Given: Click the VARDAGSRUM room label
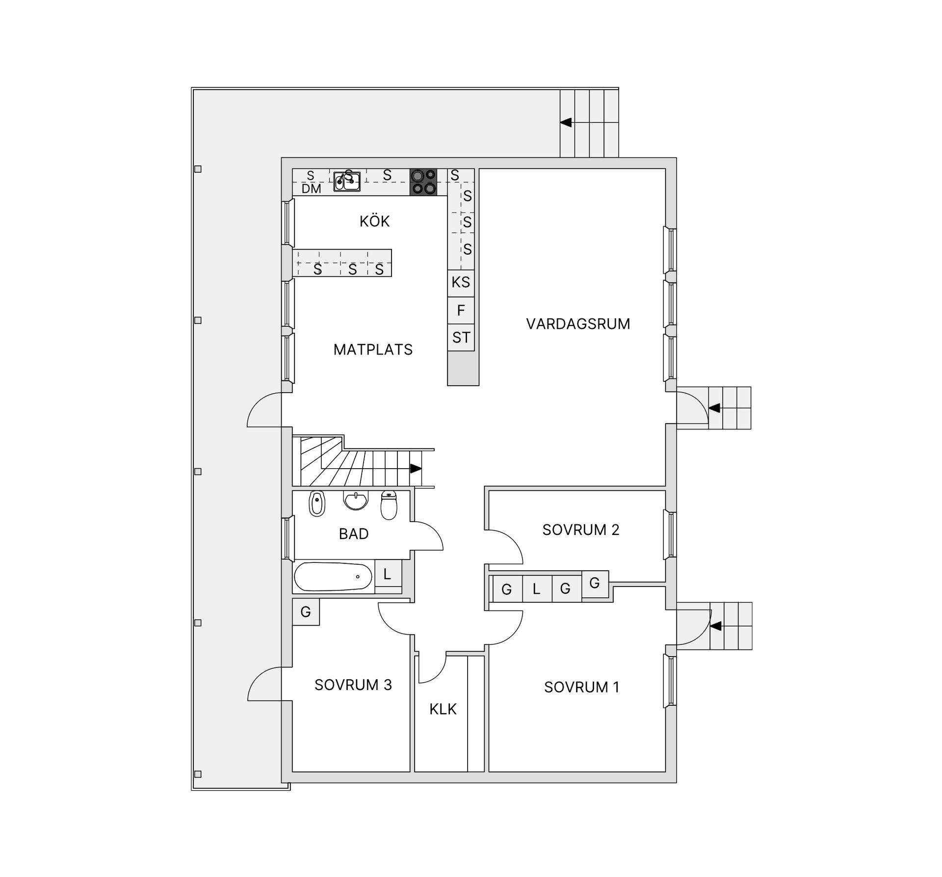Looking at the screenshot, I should coord(577,324).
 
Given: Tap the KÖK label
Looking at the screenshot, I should coord(374,221).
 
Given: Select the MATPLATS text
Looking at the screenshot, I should coord(373,349).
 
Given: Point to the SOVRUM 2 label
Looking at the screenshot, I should coord(580,530).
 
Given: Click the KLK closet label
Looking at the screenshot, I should coord(443,709).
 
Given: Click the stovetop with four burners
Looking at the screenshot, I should coord(423,182).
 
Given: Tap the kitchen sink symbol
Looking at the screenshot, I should coord(347,181).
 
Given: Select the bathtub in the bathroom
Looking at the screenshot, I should coord(333,576).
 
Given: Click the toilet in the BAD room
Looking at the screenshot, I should coord(389,505).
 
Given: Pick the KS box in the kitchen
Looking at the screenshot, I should coord(461,283).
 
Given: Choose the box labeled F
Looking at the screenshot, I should coord(461,310).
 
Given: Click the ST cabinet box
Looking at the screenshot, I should coord(461,337).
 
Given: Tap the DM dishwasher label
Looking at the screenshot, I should coord(311,189).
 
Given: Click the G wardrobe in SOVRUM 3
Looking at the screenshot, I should coord(306,611).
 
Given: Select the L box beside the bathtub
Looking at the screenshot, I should coord(388,574).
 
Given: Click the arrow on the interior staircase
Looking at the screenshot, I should coord(415,468).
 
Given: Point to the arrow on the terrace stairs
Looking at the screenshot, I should coord(566,122).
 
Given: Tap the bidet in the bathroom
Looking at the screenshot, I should coord(317,504).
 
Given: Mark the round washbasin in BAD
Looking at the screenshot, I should coord(355,501).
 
